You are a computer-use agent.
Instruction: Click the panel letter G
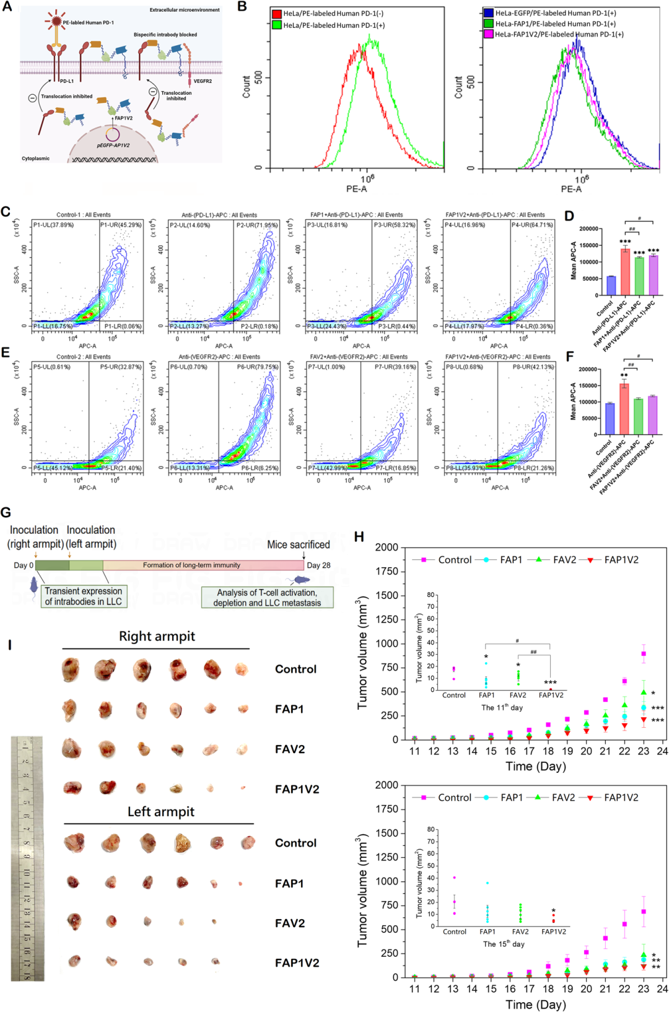click(6, 512)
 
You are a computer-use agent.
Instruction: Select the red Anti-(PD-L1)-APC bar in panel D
click(625, 272)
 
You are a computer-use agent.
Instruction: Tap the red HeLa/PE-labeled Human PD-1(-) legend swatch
click(276, 14)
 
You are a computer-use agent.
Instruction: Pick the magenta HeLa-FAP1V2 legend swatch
click(488, 34)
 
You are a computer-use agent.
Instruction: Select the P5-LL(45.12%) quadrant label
click(53, 468)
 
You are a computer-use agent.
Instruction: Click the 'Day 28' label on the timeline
click(318, 565)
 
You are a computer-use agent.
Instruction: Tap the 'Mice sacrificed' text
click(298, 544)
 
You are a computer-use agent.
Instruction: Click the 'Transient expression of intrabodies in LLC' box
click(84, 596)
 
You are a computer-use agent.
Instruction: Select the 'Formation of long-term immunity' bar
click(191, 565)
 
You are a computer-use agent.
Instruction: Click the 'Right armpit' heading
click(157, 636)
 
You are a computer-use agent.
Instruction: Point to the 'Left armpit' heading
click(160, 811)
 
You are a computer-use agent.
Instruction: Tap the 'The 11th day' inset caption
click(502, 707)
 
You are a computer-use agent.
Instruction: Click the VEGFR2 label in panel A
click(203, 81)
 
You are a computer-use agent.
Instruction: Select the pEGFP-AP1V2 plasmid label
click(113, 145)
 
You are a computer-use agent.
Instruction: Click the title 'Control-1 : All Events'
click(84, 215)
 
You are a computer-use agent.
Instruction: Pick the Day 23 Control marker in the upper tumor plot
click(644, 654)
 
